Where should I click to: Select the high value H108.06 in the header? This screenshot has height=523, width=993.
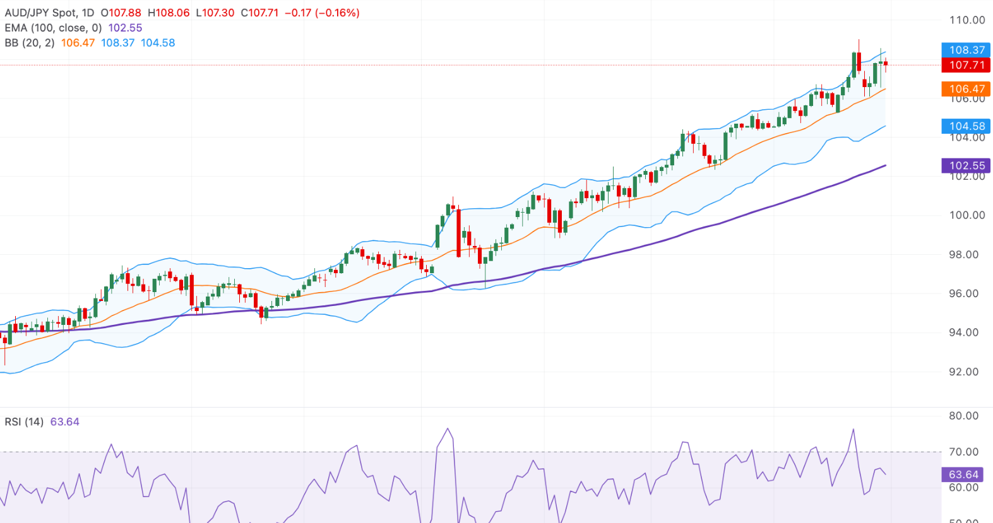click(x=169, y=13)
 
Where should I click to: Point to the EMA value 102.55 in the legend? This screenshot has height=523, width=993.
click(x=125, y=28)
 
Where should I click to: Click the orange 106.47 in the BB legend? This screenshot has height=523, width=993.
click(x=78, y=43)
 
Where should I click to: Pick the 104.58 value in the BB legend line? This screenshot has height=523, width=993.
click(x=158, y=43)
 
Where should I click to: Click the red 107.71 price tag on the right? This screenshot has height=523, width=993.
click(x=966, y=65)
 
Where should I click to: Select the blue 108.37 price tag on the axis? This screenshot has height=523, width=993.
click(x=966, y=50)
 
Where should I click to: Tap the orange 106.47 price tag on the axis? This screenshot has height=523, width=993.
click(x=966, y=89)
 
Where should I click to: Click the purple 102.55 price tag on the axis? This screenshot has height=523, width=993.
click(x=966, y=165)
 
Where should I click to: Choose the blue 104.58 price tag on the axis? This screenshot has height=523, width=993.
click(x=966, y=126)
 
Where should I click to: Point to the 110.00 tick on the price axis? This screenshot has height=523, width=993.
click(x=966, y=20)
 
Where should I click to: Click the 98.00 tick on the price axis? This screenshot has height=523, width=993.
click(x=964, y=254)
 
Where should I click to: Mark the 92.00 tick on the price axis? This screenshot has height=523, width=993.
click(x=964, y=372)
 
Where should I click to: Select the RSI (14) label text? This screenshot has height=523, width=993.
click(x=24, y=421)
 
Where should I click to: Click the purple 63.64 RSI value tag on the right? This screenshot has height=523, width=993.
click(x=964, y=474)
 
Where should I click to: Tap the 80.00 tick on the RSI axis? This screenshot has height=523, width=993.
click(x=964, y=416)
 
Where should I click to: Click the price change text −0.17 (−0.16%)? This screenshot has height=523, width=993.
click(x=322, y=13)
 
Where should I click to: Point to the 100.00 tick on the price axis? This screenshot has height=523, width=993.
click(x=966, y=215)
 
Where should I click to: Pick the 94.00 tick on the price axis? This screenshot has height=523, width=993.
click(x=964, y=332)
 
